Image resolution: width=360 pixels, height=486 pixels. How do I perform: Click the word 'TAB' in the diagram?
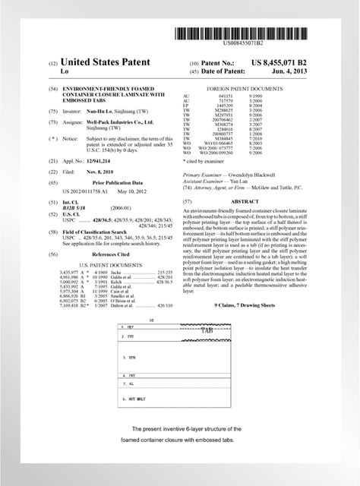click(207, 331)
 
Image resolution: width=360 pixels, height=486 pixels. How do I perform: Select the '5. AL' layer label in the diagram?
click(131, 386)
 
